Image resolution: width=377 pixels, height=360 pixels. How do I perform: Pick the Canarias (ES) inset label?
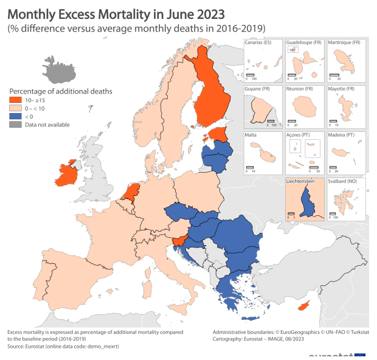coord(258,43)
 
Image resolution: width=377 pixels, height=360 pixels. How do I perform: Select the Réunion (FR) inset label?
coord(299,89)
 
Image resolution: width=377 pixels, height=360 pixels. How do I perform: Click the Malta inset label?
coord(251,135)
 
